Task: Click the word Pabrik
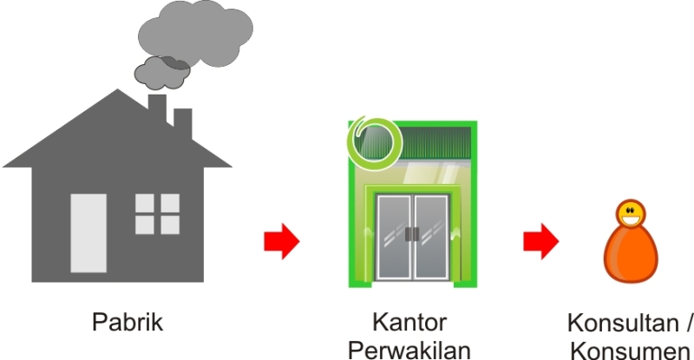point(128,323)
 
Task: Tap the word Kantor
point(409,323)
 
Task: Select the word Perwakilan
point(409,349)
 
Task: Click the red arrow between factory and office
point(281,240)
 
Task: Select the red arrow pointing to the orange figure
point(540,240)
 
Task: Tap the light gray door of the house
point(88,232)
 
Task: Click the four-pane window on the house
point(157,214)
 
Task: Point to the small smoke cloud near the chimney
point(162,73)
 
